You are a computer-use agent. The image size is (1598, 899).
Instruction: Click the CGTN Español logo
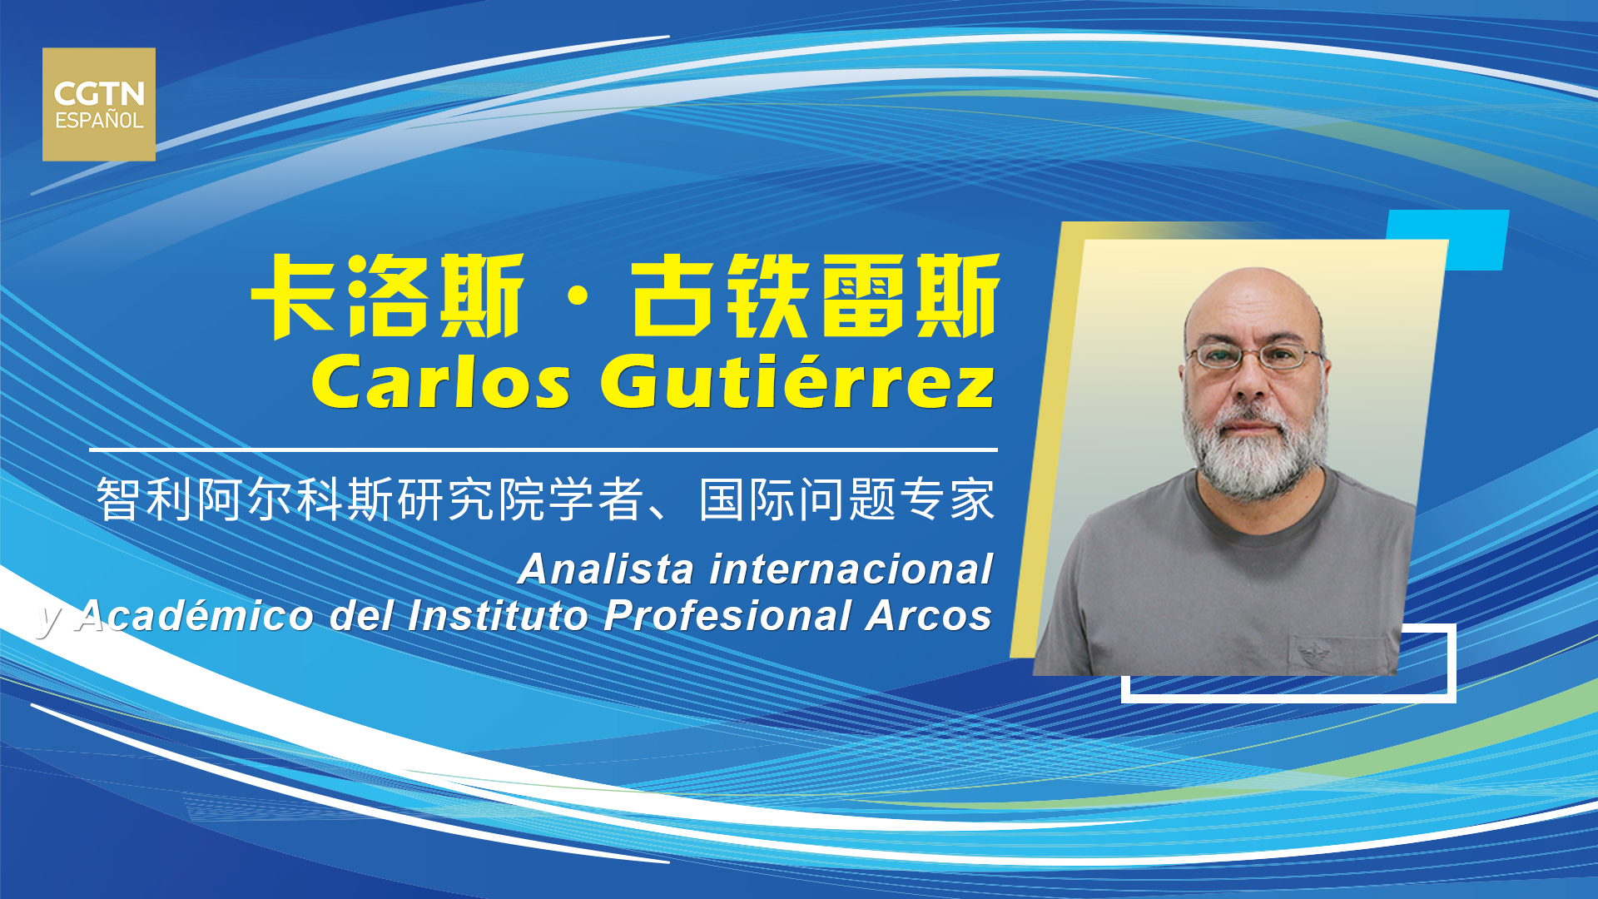(x=99, y=104)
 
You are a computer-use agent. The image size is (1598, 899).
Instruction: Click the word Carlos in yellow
(x=441, y=382)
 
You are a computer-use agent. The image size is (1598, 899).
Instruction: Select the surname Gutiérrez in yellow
(x=797, y=380)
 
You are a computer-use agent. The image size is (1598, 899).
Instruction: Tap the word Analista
(x=606, y=569)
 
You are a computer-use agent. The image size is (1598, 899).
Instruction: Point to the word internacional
(x=851, y=569)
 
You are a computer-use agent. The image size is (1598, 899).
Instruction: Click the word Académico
(x=195, y=616)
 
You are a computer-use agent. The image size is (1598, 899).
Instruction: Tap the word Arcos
(x=929, y=616)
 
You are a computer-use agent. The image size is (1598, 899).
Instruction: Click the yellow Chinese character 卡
(x=295, y=296)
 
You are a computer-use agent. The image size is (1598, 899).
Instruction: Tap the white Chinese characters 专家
(x=948, y=499)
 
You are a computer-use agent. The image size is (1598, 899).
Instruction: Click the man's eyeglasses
(x=1255, y=357)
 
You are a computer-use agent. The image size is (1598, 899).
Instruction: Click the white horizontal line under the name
(x=543, y=449)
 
